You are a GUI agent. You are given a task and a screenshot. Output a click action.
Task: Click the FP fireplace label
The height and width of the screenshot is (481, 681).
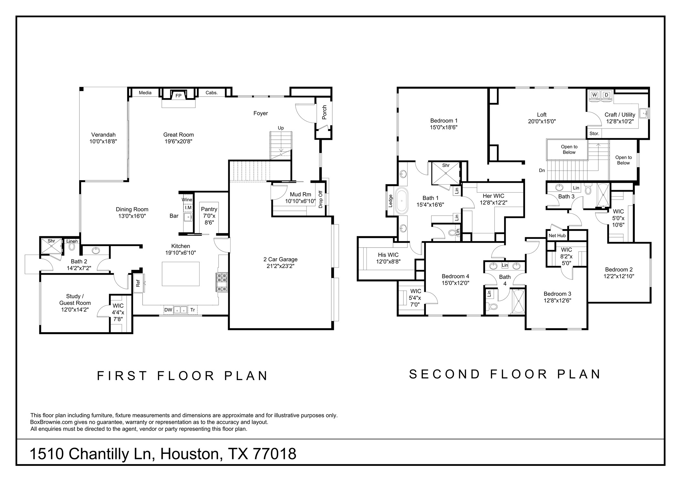click(x=178, y=96)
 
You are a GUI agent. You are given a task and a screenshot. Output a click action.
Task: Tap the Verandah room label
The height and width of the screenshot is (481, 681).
click(x=103, y=138)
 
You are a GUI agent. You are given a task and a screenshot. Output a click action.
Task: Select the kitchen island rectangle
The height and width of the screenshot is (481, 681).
click(x=181, y=274)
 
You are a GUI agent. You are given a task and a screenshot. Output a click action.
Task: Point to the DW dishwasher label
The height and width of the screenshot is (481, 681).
click(x=168, y=310)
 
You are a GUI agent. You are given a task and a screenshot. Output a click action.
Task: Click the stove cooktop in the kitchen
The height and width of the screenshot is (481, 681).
click(x=222, y=282)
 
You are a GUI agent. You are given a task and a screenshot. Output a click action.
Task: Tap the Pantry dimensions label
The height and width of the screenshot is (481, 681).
click(x=209, y=216)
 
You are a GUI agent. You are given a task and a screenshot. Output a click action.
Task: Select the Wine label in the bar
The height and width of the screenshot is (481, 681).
click(x=187, y=200)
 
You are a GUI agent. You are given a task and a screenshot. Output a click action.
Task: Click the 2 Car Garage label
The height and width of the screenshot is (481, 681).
click(x=280, y=262)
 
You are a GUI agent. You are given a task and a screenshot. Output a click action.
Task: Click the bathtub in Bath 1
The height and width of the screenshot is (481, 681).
click(x=402, y=201)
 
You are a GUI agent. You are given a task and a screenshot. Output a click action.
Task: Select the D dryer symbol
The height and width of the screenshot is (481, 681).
click(x=607, y=95)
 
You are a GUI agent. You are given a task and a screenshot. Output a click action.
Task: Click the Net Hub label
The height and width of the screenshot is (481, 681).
click(x=557, y=236)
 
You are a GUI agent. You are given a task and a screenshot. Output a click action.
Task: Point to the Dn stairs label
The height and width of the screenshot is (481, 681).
click(x=542, y=170)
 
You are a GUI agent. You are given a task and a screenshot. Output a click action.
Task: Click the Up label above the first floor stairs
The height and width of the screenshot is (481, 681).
click(x=281, y=128)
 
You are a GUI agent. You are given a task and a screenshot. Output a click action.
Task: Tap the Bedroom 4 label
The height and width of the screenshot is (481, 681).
click(x=455, y=280)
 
